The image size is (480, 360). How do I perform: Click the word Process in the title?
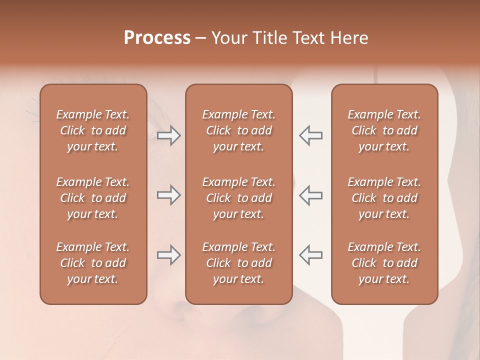(x=157, y=38)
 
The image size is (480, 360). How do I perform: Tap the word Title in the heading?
(x=268, y=38)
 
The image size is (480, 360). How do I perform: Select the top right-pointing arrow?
(x=168, y=135)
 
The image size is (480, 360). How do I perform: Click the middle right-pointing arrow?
(x=168, y=195)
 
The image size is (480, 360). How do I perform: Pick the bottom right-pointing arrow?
(x=168, y=254)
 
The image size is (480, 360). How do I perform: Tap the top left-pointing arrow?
(x=310, y=135)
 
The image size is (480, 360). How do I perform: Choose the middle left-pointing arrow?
(x=310, y=195)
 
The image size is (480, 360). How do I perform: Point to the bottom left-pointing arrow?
(x=310, y=254)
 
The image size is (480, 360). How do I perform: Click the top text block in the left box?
(x=93, y=130)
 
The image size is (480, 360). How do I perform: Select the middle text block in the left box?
(x=93, y=198)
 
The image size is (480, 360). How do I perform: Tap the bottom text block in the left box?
(x=93, y=263)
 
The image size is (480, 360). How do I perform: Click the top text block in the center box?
(x=238, y=130)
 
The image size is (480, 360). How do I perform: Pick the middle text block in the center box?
(x=238, y=198)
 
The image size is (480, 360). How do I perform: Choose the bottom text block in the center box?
(x=238, y=263)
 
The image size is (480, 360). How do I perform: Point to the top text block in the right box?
(x=384, y=130)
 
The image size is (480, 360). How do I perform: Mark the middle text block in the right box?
(x=384, y=198)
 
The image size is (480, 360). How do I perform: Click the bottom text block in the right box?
(x=384, y=263)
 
